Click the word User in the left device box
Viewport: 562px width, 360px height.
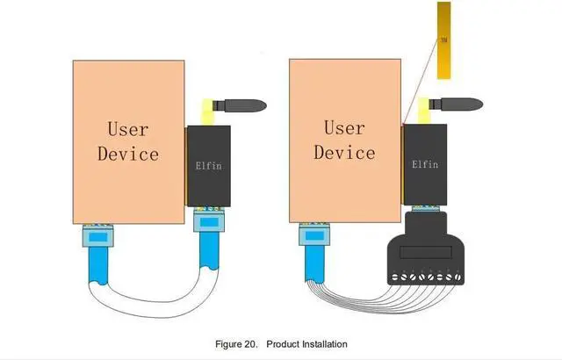pyautogui.click(x=127, y=129)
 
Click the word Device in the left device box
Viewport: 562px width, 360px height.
pyautogui.click(x=127, y=154)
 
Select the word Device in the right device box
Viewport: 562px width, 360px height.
pyautogui.click(x=344, y=153)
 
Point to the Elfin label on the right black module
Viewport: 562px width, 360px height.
pyautogui.click(x=425, y=163)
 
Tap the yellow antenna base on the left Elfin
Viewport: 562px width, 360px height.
pyautogui.click(x=210, y=112)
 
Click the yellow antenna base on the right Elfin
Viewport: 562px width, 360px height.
pyautogui.click(x=426, y=112)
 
